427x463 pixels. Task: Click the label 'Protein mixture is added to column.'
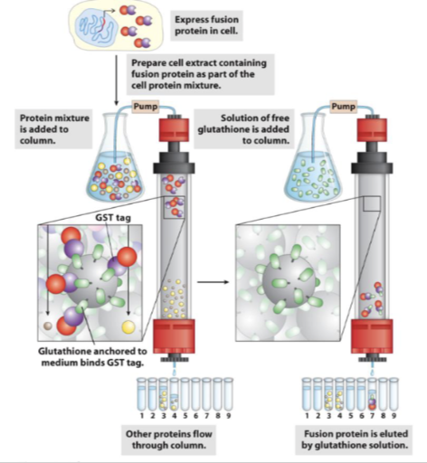coord(55,126)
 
